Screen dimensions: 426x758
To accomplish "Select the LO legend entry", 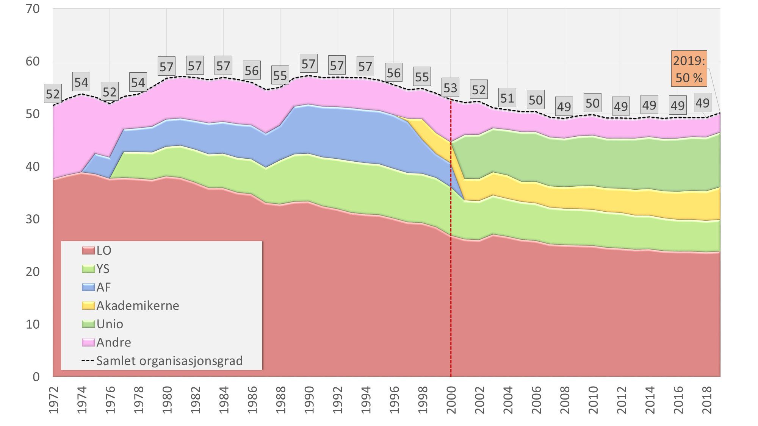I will point(97,250).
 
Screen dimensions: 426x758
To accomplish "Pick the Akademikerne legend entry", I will point(130,306).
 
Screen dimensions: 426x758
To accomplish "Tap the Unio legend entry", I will point(103,324).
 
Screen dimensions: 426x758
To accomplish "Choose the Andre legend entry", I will point(106,342).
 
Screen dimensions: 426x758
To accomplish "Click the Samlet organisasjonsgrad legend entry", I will point(162,361).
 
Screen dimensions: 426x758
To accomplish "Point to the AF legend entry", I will point(97,287).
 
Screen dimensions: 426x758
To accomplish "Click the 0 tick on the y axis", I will point(36,376).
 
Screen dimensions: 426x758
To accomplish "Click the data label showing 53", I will point(450,88).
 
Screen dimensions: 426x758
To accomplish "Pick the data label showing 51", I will point(507,98).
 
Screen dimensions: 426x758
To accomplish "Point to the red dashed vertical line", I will point(451,265).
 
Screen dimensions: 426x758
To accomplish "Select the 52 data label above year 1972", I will point(53,94).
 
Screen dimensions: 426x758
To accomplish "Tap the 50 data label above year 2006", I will point(536,100).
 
